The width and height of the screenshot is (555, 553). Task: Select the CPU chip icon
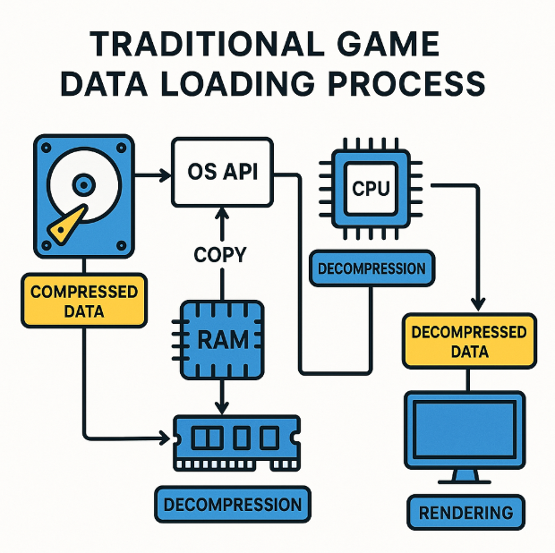370,189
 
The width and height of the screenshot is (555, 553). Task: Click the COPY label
219,255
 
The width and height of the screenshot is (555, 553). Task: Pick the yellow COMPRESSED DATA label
83,302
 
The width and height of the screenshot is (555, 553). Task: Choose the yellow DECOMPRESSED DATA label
468,341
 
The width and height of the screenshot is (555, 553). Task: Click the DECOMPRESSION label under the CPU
370,268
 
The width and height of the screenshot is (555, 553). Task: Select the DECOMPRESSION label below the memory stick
233,505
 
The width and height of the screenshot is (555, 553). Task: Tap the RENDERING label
465,513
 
